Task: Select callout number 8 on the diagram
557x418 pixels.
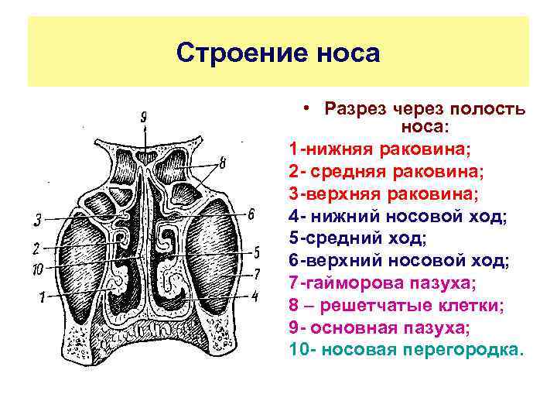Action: tap(223, 163)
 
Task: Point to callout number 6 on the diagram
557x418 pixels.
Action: tap(251, 214)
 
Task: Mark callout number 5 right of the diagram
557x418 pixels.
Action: tap(256, 252)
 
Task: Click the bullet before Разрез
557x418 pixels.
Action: tap(307, 108)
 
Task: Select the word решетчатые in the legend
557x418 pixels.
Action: tap(365, 306)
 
